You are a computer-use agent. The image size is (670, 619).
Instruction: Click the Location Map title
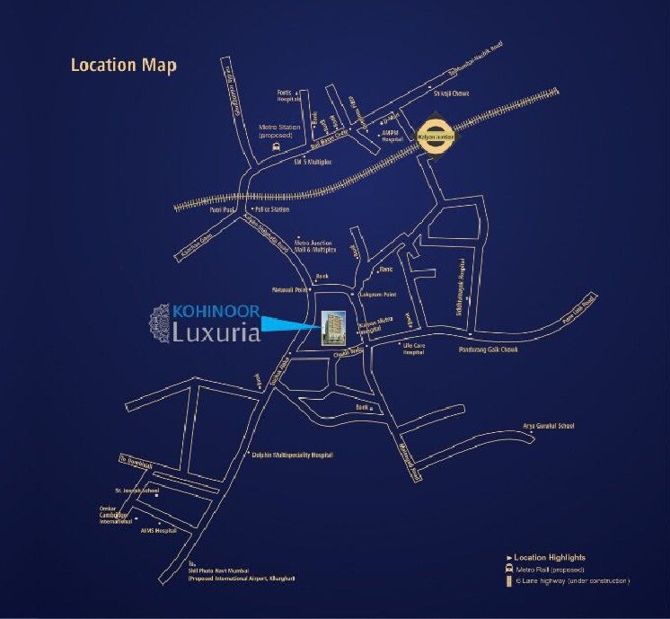[x=123, y=66]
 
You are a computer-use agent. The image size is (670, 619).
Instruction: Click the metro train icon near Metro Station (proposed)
[x=276, y=146]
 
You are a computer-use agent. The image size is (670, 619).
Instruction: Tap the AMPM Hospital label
[x=392, y=137]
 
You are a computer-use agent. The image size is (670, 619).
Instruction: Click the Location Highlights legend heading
[x=550, y=558]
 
